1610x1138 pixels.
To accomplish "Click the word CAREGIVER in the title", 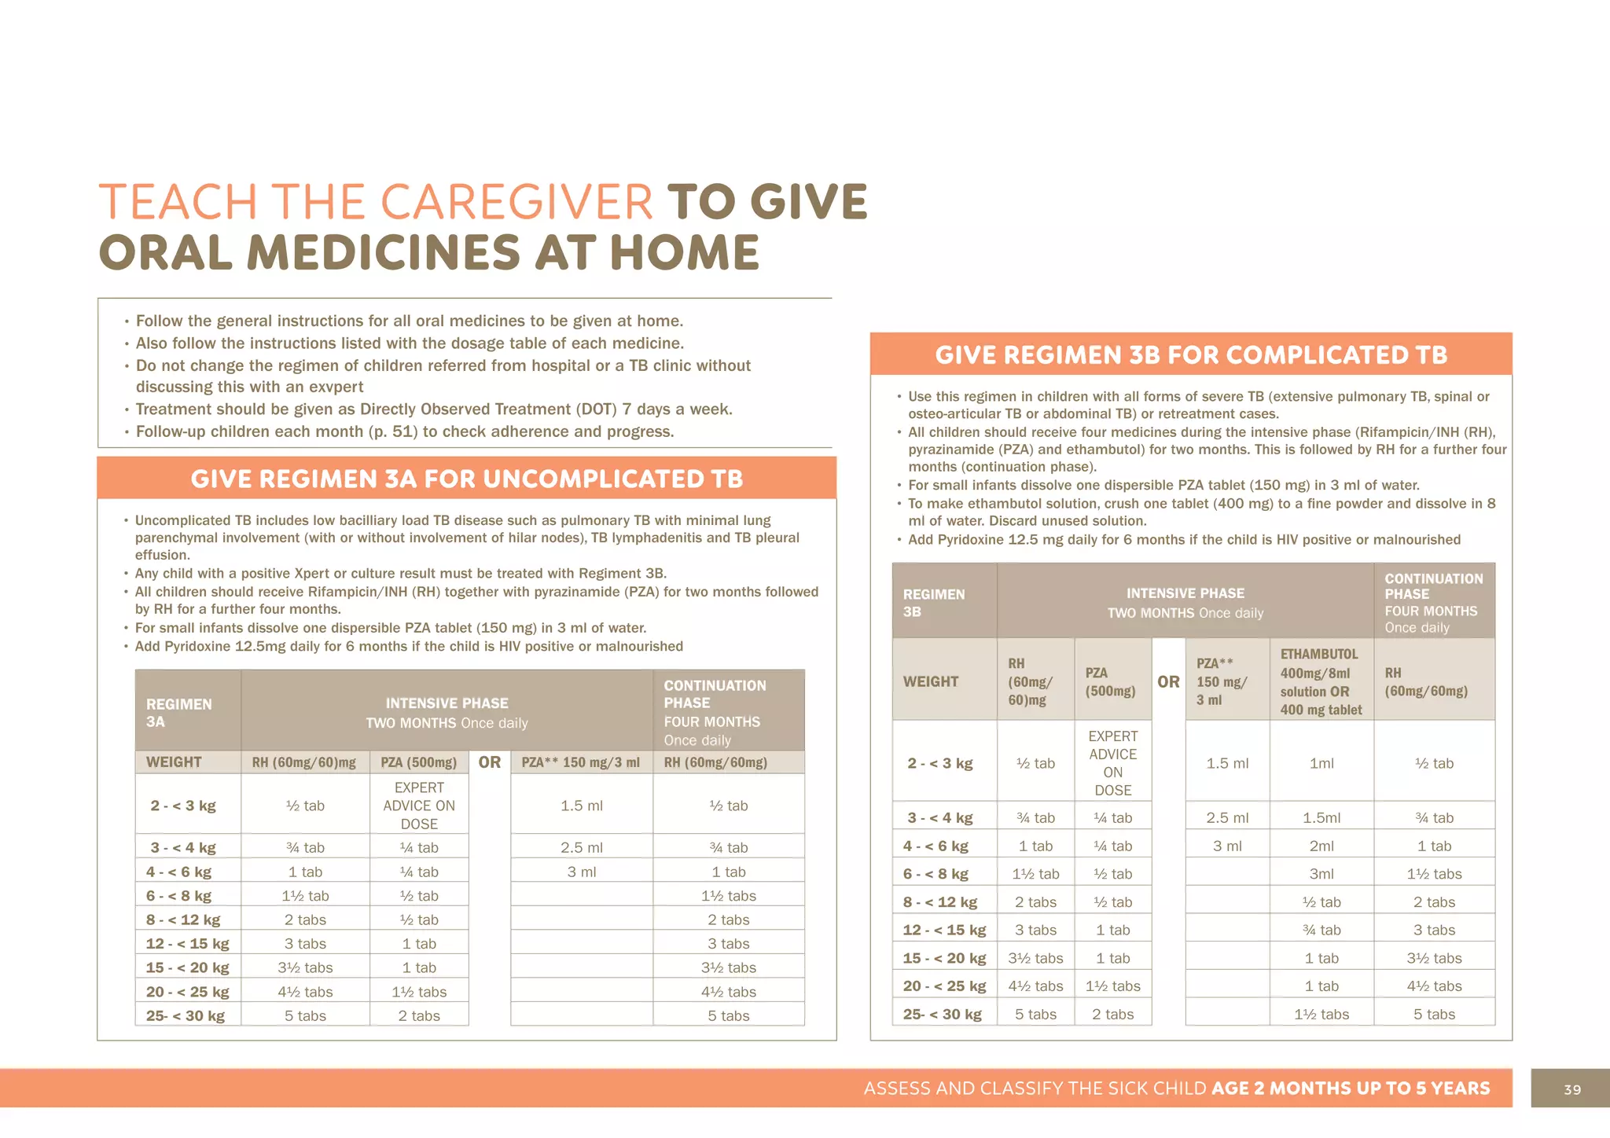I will pos(516,202).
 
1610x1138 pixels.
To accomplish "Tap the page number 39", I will pos(1572,1089).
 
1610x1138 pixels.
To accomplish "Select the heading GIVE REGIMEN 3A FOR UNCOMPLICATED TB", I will pos(466,479).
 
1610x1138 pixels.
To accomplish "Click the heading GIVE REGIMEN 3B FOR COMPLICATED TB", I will pos(1190,355).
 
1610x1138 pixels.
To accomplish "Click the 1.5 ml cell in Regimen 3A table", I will pos(582,806).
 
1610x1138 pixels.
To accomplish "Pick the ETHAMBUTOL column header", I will pos(1319,654).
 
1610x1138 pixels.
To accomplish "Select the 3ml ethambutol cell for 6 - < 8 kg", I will pos(1321,874).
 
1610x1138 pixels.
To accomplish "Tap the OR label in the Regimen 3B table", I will pos(1168,681).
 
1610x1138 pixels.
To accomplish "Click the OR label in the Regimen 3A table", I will pos(489,762).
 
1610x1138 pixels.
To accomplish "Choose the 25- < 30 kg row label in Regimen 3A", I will pos(186,1015).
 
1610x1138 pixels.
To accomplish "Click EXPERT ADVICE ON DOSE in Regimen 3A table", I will pos(419,806).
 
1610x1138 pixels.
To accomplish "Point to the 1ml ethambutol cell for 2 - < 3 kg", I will pos(1321,763).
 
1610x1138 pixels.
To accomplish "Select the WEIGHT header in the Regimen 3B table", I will pos(931,681).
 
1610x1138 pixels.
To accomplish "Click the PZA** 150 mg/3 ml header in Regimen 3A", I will pos(581,762).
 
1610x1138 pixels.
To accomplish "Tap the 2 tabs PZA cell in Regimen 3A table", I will pos(419,1015).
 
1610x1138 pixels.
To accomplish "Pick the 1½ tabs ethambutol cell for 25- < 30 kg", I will pos(1321,1015).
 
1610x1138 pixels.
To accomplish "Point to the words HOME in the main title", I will pos(684,253).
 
